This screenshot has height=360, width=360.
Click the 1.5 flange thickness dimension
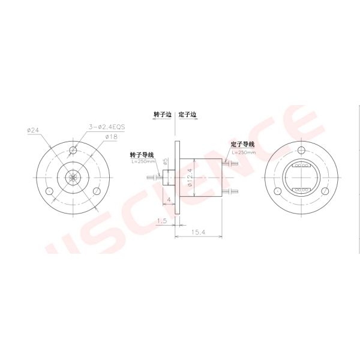click(x=161, y=221)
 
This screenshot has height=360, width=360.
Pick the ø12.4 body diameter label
click(x=190, y=178)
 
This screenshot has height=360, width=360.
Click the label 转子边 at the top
click(x=163, y=114)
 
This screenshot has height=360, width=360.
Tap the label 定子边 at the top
click(x=188, y=114)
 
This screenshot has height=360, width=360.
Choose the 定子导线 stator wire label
click(x=242, y=145)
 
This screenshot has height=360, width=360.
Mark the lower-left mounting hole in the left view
click(x=49, y=191)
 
